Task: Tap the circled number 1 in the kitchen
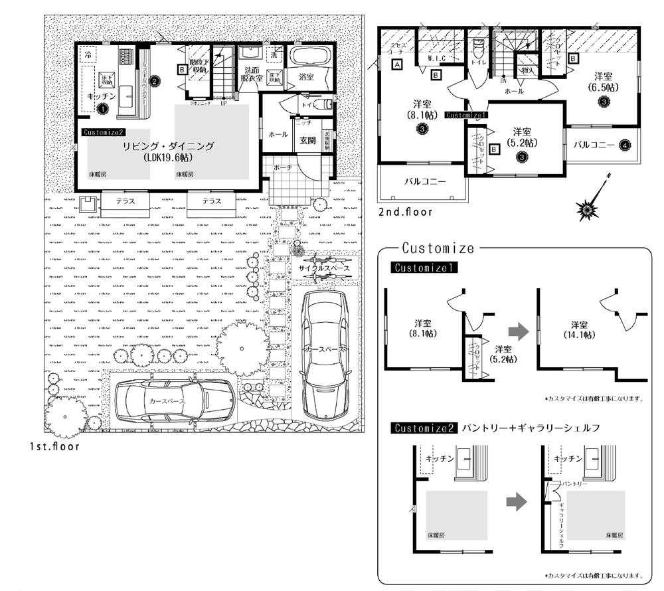(x=103, y=108)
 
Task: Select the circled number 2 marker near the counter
(x=153, y=81)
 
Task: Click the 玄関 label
(x=307, y=140)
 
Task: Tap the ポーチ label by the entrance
(x=283, y=169)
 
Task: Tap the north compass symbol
(x=590, y=207)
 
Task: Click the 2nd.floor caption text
(x=405, y=212)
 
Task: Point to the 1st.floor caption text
(x=54, y=446)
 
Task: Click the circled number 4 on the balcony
(x=624, y=144)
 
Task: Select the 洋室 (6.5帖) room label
(x=603, y=82)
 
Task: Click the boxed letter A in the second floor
(x=396, y=65)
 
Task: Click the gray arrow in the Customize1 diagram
(x=519, y=332)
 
